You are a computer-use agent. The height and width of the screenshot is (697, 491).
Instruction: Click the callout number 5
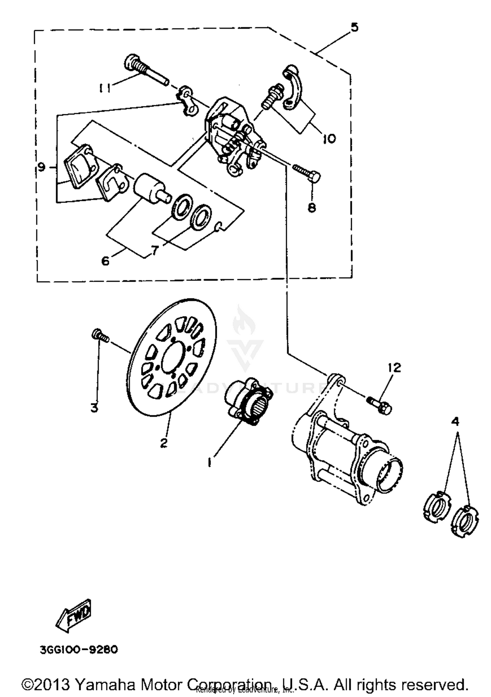click(354, 27)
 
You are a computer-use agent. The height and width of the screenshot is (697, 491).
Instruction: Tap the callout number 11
click(105, 88)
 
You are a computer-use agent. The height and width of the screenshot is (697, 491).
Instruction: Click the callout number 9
click(41, 168)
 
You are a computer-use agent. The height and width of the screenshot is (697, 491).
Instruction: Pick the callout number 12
click(394, 367)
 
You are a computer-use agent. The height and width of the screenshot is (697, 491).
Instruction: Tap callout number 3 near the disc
click(94, 408)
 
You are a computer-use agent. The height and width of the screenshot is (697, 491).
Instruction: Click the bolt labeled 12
click(380, 405)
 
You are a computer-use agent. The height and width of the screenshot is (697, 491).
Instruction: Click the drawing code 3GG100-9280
click(79, 649)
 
